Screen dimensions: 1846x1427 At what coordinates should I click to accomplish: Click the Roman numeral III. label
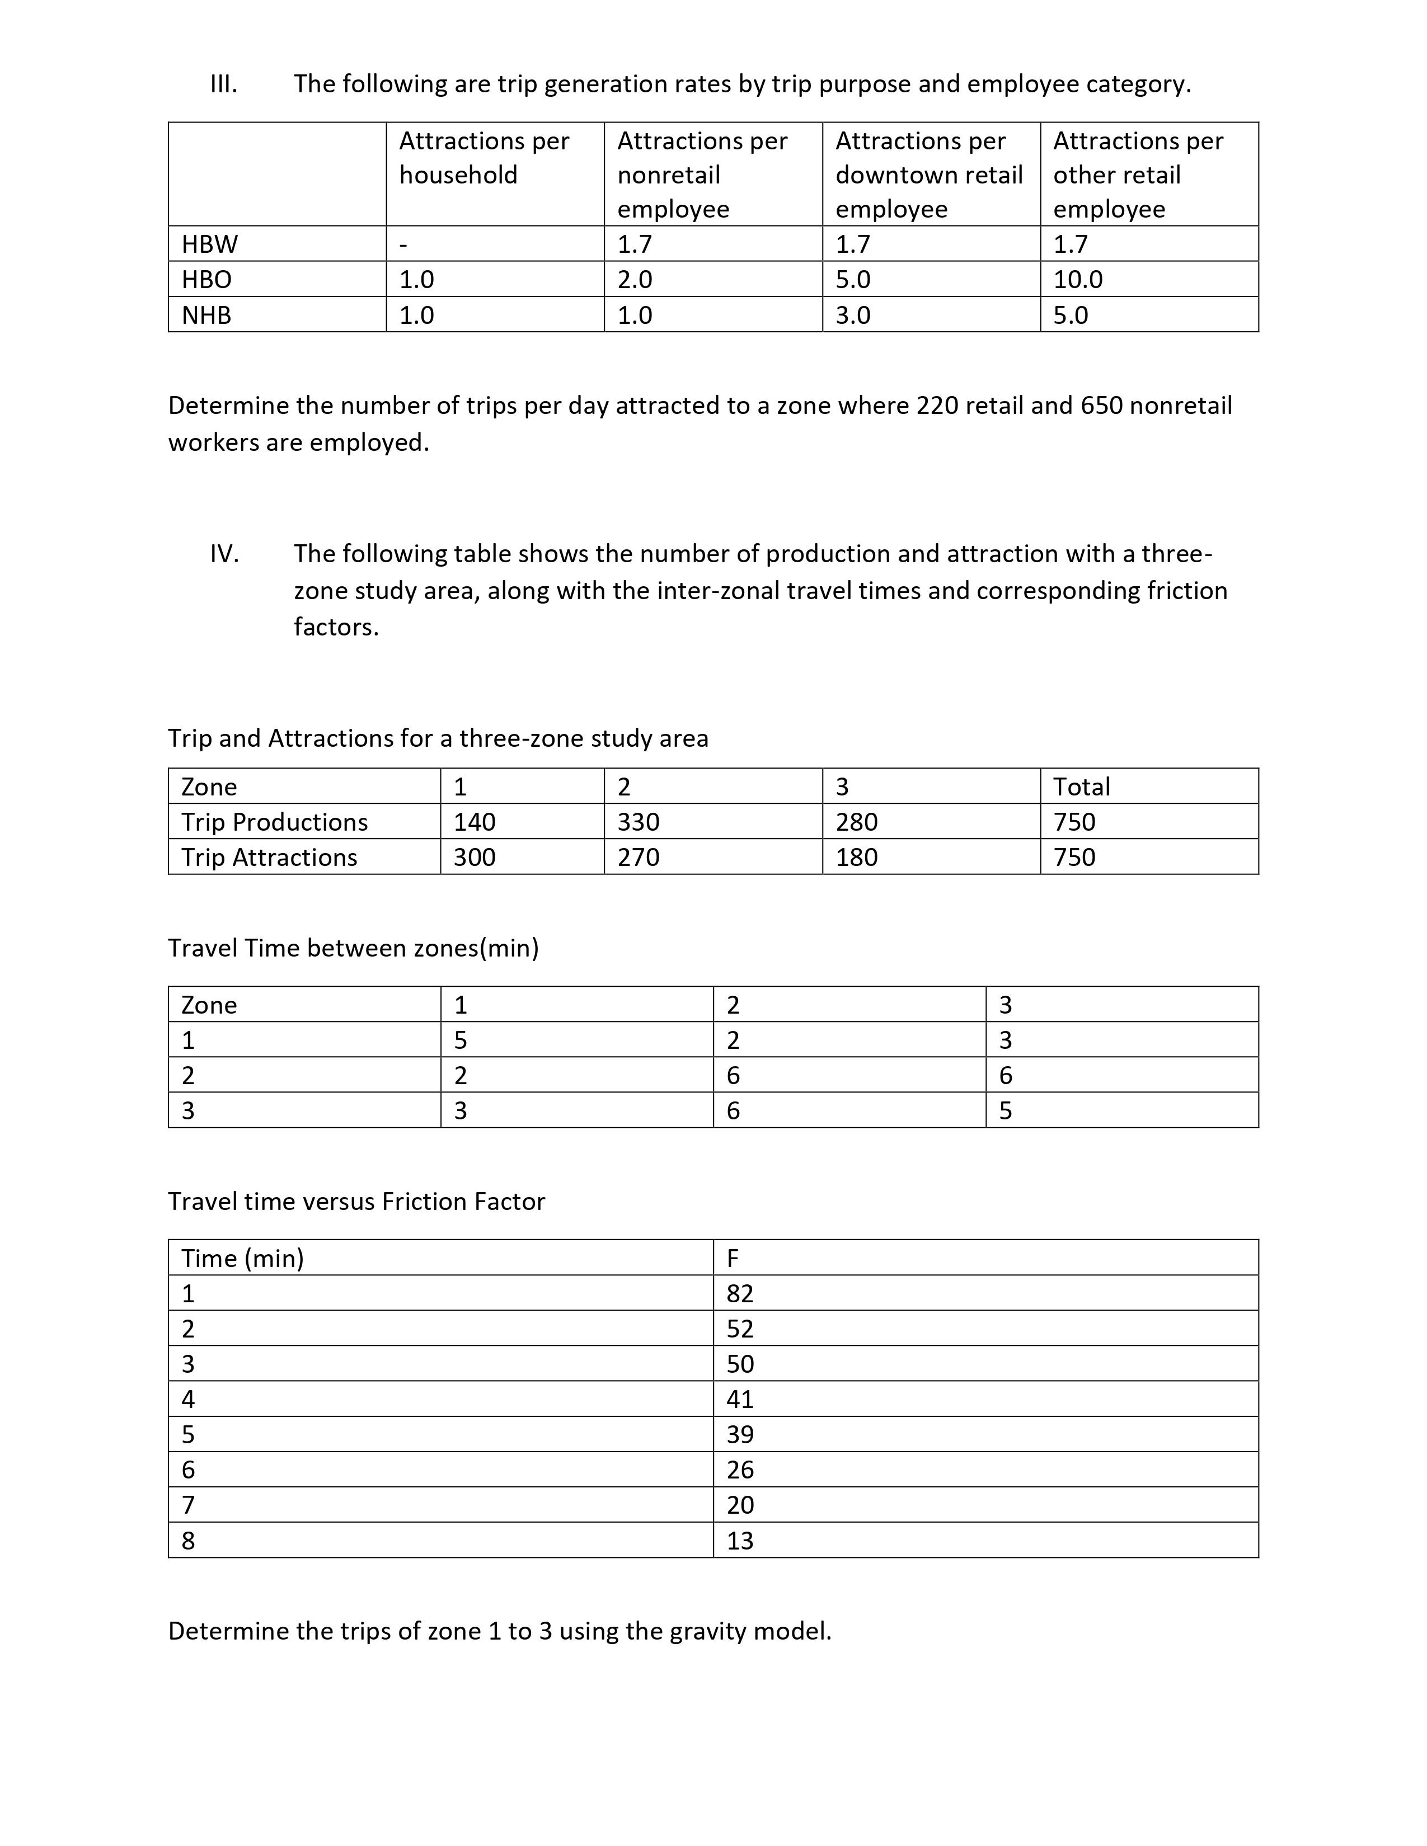pos(223,84)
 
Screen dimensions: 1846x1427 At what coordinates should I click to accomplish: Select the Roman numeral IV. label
pos(224,554)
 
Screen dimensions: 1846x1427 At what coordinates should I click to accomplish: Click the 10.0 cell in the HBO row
pos(1078,280)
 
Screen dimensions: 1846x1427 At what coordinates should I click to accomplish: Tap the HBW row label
pos(210,244)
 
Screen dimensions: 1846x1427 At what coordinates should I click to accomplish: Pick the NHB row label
pos(206,315)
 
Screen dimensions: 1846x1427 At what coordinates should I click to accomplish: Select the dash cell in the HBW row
pos(404,244)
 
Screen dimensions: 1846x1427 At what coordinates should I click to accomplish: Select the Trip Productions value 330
pos(639,822)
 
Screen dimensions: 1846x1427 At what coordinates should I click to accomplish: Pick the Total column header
pos(1081,787)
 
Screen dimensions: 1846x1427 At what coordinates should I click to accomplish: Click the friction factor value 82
pos(740,1294)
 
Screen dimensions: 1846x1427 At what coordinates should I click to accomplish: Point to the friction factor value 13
pos(740,1541)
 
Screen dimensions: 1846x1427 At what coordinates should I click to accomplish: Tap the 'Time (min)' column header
pos(243,1259)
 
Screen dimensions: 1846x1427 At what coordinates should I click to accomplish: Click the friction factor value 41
pos(740,1400)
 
